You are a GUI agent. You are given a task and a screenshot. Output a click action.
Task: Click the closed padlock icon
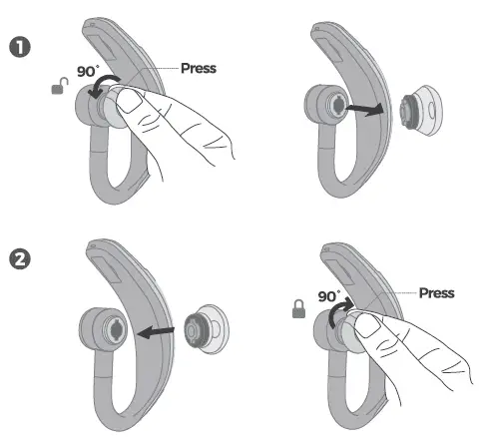(x=297, y=312)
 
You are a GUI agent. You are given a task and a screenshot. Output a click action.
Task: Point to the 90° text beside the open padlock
(x=88, y=73)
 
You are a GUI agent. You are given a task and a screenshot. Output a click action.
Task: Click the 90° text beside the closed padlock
(x=328, y=296)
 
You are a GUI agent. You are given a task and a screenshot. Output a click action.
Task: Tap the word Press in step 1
(x=198, y=69)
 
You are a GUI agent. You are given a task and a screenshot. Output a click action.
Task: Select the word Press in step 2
(x=437, y=293)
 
